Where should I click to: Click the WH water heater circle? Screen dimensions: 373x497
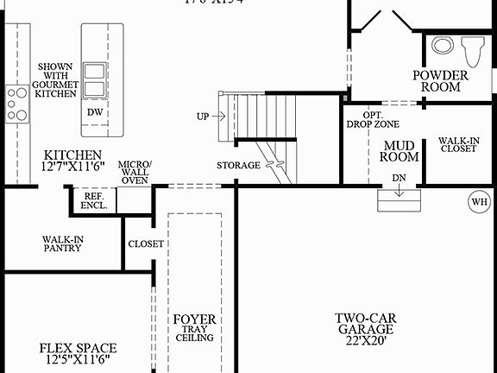477,202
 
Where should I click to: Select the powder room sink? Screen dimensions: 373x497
442,47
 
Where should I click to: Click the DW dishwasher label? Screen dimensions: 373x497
95,112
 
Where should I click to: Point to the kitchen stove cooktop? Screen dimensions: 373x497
16,102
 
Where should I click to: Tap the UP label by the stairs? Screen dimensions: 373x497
202,115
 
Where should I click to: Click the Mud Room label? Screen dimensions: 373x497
399,151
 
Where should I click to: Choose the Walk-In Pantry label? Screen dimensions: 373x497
62,243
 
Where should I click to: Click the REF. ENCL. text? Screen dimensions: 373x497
95,201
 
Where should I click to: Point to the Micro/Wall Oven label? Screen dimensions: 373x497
135,172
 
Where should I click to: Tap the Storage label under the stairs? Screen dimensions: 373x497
238,165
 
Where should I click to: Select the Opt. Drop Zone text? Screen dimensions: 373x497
372,119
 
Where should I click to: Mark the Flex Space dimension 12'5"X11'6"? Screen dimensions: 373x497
78,361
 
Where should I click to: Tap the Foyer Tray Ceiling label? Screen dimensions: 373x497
194,329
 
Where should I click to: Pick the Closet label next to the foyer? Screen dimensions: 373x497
146,244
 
